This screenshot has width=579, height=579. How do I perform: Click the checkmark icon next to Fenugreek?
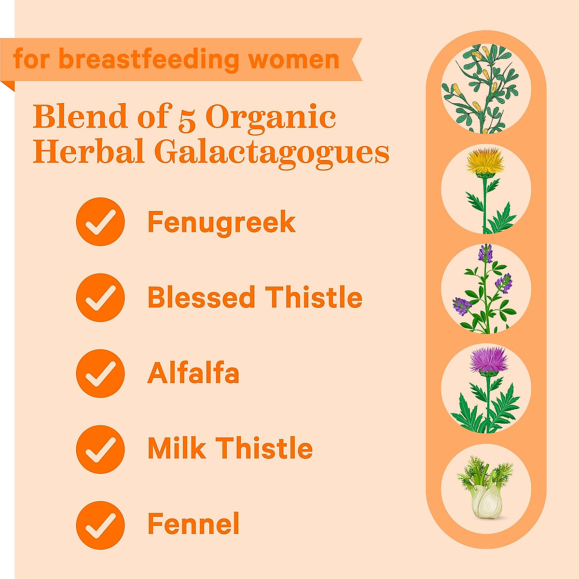[x=100, y=222]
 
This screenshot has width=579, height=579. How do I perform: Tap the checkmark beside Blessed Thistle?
[x=100, y=298]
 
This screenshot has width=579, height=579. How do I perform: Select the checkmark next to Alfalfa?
[x=100, y=373]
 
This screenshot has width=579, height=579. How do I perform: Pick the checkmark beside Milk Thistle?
[x=100, y=449]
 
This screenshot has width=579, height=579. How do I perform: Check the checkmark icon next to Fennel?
[x=100, y=525]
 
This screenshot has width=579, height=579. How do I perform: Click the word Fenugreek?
[x=221, y=223]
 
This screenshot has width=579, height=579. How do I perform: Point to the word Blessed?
[x=201, y=297]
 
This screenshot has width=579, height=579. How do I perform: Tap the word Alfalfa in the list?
[x=193, y=373]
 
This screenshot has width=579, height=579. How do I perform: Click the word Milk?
[x=177, y=448]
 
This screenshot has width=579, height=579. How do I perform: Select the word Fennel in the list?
[x=193, y=524]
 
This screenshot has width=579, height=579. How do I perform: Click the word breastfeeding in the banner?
[x=149, y=60]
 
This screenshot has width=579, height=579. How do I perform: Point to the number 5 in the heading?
[x=187, y=119]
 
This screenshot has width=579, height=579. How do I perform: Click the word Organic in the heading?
[x=271, y=117]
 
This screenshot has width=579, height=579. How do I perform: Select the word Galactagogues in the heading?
[x=272, y=152]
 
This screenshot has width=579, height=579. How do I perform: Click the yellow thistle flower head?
[x=485, y=161]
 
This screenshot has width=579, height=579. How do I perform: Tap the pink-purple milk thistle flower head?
[x=488, y=359]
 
